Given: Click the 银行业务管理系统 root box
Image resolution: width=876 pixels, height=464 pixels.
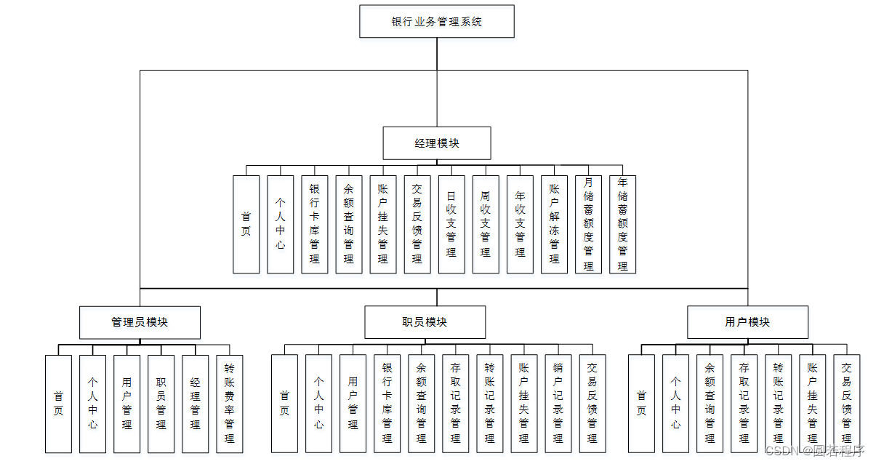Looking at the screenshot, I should click(436, 21).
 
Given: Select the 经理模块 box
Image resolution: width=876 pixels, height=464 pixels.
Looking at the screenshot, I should click(436, 143).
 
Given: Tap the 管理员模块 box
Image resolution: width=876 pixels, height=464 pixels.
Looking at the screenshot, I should click(140, 321).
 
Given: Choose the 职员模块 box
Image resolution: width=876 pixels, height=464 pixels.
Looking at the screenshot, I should click(425, 321).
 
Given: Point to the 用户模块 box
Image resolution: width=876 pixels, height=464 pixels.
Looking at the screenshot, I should click(747, 321).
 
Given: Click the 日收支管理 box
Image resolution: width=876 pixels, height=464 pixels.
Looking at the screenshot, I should click(451, 224).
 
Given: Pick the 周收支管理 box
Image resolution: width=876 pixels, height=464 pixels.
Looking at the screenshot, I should click(486, 224).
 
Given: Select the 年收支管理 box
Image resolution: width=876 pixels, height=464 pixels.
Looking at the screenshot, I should click(520, 224).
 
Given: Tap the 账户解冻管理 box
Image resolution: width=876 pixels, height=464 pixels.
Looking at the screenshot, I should click(554, 224).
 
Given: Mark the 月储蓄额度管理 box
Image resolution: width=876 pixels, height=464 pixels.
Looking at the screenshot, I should click(588, 224).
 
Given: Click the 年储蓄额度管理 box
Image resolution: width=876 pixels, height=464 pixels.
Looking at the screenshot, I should click(622, 224).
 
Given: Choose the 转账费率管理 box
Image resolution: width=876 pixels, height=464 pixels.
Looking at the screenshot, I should click(230, 404).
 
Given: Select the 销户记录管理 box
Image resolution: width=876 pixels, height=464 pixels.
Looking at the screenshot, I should click(558, 404).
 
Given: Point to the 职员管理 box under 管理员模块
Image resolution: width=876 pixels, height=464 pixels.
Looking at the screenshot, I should click(161, 404).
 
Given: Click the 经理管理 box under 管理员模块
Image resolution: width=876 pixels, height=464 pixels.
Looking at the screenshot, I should click(195, 404).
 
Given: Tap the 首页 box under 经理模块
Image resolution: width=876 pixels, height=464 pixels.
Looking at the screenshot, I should click(246, 224).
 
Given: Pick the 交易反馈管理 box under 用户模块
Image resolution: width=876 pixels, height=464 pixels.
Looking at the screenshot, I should click(846, 404).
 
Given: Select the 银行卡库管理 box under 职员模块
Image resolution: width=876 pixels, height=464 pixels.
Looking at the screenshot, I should click(387, 404).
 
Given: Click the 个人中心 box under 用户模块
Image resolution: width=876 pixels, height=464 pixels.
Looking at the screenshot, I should click(675, 404).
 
